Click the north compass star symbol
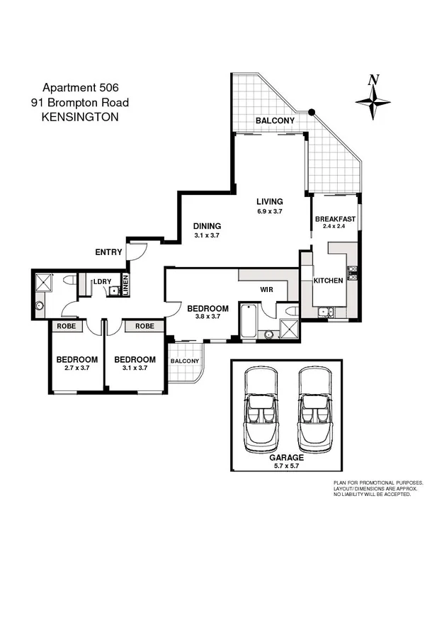point(373,101)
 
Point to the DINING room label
point(207,226)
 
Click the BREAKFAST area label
point(335,219)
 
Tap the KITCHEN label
point(328,281)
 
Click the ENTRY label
point(108,252)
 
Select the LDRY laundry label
point(103,281)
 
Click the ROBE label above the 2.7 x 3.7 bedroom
point(67,327)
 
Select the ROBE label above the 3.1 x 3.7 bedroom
point(144,327)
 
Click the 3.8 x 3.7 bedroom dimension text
point(208,317)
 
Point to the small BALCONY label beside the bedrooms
point(185,361)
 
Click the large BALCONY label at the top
point(275,121)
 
